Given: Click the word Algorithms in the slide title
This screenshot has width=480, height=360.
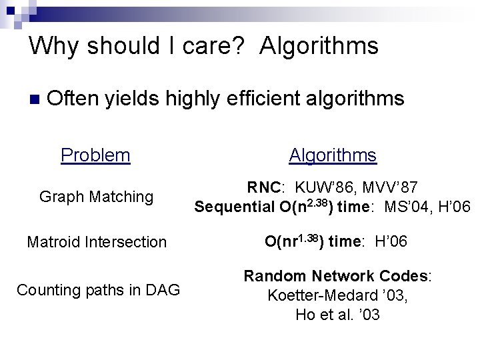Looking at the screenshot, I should (319, 46).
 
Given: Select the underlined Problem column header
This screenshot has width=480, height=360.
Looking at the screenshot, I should (95, 155).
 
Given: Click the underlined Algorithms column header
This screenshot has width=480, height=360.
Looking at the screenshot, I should (333, 155).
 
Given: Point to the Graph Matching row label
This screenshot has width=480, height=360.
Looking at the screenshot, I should (97, 197).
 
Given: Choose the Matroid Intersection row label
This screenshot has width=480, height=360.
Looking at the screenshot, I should (97, 241).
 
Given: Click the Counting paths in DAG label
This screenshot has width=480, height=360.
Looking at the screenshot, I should (98, 290).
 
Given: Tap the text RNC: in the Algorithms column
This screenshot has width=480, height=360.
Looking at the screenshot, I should (265, 188).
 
